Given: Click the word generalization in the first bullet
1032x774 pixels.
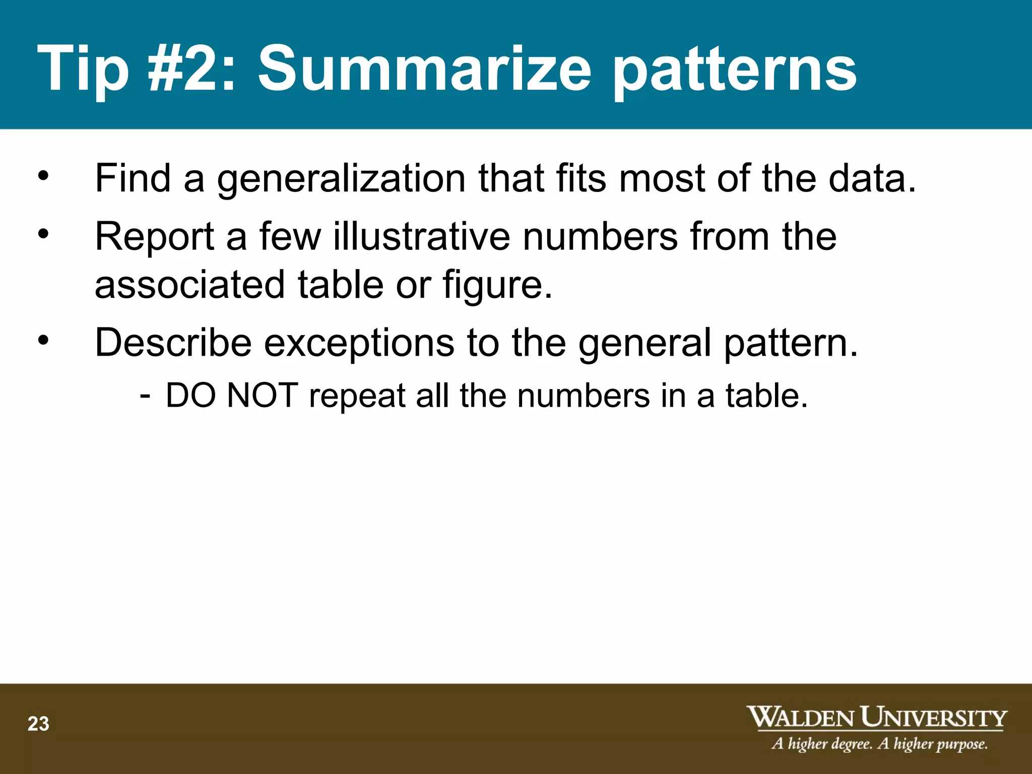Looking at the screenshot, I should coord(341,179).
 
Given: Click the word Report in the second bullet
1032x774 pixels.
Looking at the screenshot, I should coord(155,237).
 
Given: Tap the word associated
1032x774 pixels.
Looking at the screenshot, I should coord(190,284).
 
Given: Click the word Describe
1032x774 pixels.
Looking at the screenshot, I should coord(173,343).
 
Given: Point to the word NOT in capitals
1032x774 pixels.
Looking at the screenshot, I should coord(262,396).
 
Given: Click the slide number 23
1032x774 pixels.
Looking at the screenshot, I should coord(38,724).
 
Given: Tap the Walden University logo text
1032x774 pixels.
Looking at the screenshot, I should coord(876,717).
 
